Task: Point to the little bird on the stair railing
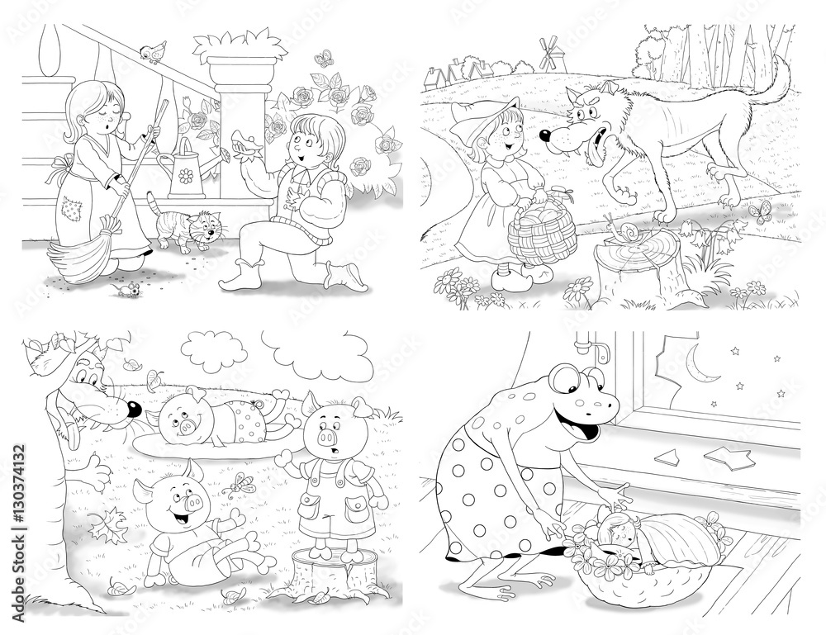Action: [x=154, y=51]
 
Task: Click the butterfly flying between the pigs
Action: [x=242, y=485]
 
